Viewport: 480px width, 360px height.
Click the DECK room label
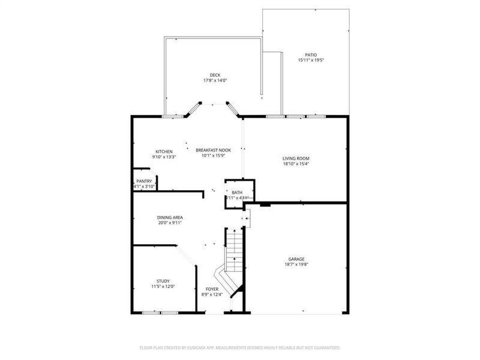215,75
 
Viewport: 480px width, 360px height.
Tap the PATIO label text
310,55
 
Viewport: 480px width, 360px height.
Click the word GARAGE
296,258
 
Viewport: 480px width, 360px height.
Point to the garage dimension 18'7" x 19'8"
296,264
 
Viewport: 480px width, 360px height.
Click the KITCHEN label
164,151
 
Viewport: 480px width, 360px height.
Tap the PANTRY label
144,181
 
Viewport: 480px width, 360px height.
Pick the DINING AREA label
170,217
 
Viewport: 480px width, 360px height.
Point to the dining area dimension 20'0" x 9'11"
170,223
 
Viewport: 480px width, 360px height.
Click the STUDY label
163,281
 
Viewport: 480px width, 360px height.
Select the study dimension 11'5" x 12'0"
163,287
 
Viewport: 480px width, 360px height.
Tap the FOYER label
212,289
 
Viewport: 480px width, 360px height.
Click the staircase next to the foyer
234,258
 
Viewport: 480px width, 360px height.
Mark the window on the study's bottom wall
160,312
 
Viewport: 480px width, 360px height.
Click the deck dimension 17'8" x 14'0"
215,80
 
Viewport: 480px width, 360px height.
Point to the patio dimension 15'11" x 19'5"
310,60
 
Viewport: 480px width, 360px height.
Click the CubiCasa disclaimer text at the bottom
240,347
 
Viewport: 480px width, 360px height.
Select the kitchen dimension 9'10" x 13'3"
164,157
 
